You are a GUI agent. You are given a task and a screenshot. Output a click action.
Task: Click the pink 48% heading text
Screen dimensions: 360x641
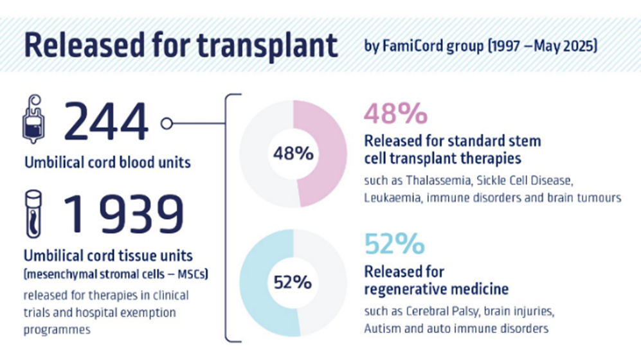(x=395, y=114)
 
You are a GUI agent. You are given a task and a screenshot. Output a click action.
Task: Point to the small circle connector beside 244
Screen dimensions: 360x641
(x=166, y=123)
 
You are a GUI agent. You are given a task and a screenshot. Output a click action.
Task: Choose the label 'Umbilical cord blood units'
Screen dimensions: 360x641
(x=107, y=163)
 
